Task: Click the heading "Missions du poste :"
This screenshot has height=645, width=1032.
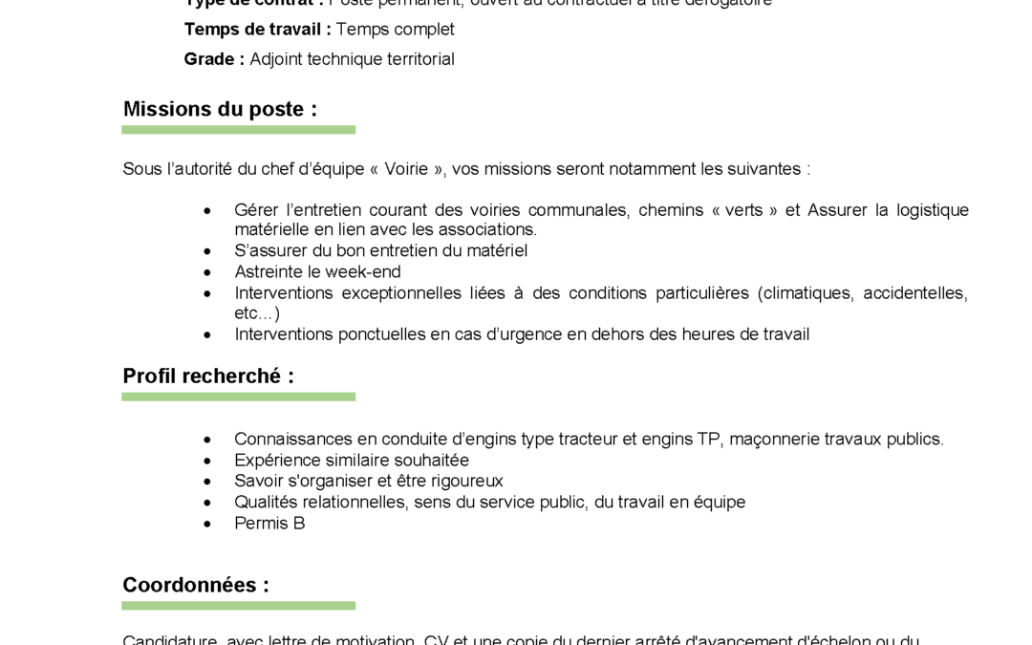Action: [220, 109]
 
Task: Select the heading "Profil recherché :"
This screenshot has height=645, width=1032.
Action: [208, 376]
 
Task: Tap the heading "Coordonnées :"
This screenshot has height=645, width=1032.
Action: [196, 585]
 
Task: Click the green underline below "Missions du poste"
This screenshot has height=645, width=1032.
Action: [238, 129]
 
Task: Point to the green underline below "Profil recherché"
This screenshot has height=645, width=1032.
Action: [238, 397]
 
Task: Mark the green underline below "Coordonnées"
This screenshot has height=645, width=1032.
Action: [238, 605]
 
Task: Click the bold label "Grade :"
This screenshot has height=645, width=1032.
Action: [214, 59]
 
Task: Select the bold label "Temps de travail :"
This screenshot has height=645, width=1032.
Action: [257, 30]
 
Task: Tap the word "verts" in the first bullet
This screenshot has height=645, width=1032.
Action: [743, 210]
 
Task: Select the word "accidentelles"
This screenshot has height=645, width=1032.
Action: [914, 292]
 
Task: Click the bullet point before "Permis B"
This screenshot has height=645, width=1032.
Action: [207, 524]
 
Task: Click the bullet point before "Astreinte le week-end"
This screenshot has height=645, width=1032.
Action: [207, 271]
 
